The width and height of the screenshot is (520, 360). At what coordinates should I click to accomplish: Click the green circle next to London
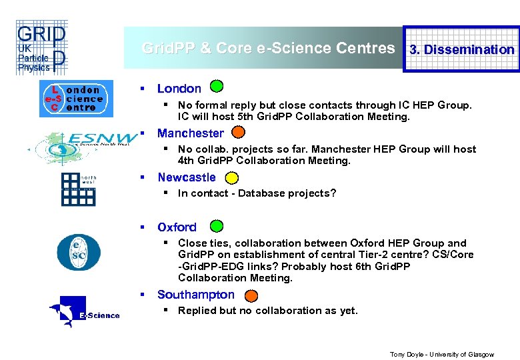tap(217, 86)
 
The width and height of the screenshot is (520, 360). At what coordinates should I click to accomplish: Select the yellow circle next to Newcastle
tap(231, 177)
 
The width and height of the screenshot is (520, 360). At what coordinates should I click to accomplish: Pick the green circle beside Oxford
tap(217, 226)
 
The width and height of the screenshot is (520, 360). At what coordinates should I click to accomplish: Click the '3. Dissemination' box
tap(462, 49)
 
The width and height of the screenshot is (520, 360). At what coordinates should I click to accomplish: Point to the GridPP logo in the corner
tap(41, 47)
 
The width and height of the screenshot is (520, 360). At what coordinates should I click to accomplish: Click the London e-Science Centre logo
tap(71, 99)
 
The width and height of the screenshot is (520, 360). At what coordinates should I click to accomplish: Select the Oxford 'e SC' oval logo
tap(78, 251)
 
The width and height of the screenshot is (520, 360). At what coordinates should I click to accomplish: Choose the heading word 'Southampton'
tap(196, 295)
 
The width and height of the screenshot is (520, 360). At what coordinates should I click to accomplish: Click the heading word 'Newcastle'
tap(187, 177)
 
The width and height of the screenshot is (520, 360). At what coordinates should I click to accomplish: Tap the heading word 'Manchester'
tap(191, 133)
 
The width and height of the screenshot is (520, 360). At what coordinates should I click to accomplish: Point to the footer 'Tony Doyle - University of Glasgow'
tap(442, 355)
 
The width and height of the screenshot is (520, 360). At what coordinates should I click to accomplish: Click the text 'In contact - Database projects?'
tap(257, 193)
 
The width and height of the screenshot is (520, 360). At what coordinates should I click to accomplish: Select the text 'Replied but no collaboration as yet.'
tap(268, 311)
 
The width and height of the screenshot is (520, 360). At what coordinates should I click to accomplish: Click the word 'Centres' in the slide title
tap(366, 48)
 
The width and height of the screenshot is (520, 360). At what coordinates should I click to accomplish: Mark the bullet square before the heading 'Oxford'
tap(142, 227)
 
